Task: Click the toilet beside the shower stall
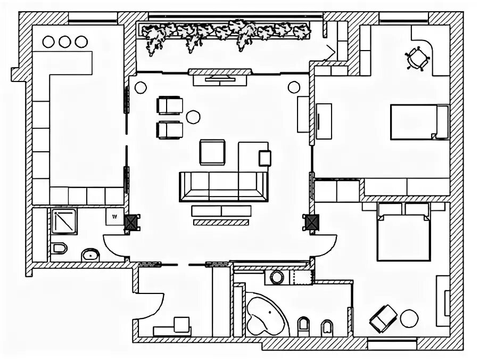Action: coord(59,248)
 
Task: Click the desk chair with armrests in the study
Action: coord(417,58)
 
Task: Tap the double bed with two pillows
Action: coord(403,232)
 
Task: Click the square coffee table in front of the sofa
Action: coord(213,152)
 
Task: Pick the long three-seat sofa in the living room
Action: coord(223,186)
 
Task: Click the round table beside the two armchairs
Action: coord(193,116)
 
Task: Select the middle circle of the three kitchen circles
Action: coord(65,41)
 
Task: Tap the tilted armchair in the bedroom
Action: coord(383,318)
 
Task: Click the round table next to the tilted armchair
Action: coord(409,319)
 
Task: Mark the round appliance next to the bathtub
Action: coord(277,277)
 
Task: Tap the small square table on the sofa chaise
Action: coord(265,158)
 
